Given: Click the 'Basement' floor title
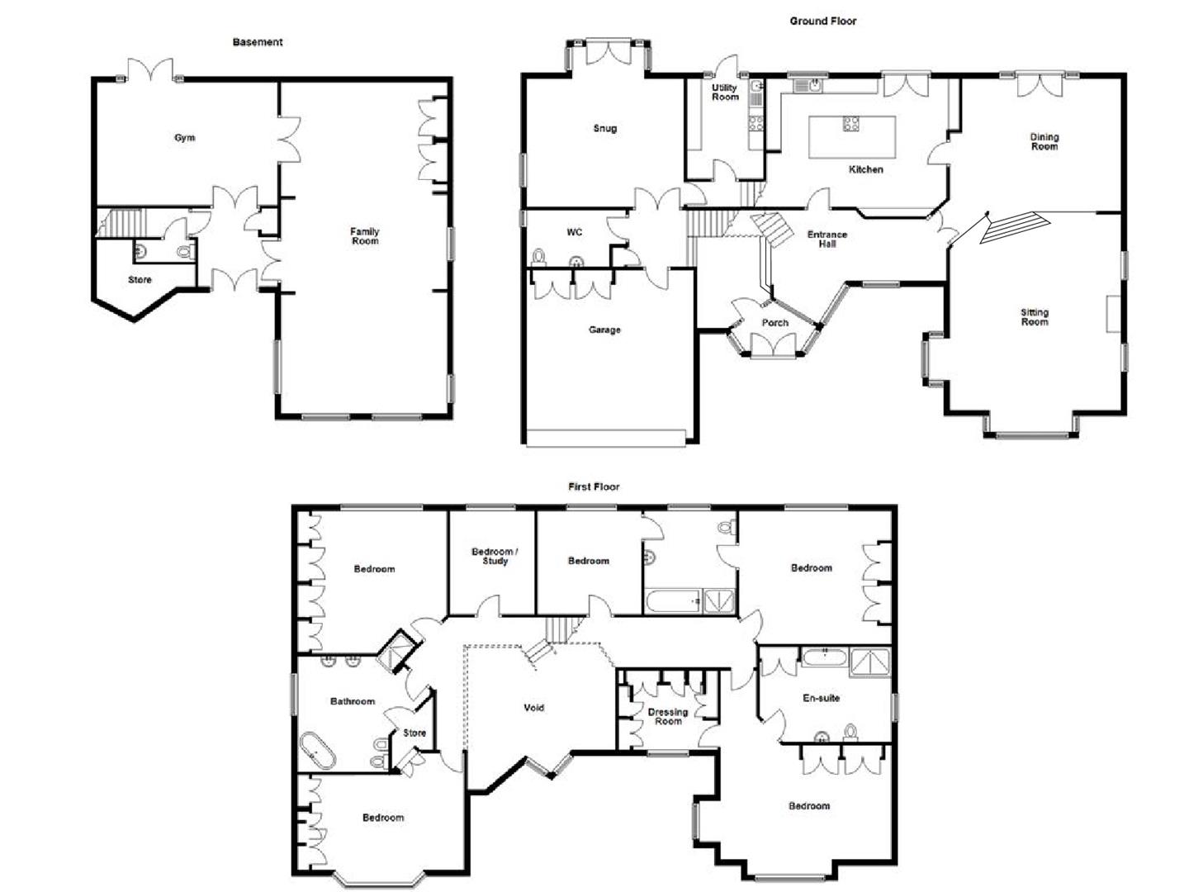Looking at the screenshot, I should coord(257,42).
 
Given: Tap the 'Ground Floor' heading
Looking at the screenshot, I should coord(822,21).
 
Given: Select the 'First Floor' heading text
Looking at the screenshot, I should coord(593,486).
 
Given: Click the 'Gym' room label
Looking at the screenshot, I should coord(184,138).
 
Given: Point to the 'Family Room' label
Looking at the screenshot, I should coord(364,236).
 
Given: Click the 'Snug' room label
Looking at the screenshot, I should coord(604,129).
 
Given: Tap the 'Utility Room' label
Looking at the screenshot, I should coord(725,93).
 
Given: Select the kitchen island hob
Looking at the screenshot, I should coord(850,125).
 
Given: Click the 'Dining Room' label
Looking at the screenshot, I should coord(1044,142).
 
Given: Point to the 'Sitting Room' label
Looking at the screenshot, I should coord(1034,317).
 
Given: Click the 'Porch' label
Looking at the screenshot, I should coord(774,323).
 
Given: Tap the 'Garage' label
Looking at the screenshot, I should coord(604,330).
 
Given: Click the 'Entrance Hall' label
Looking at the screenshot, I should coord(827,240).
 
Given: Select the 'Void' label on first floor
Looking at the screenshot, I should coord(533,708).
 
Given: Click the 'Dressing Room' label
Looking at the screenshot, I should coord(667,717).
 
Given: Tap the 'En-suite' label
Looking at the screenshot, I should coord(821,698).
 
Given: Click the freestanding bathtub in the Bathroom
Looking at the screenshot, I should coord(317,750).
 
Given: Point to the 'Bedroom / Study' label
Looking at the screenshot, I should coord(495,557).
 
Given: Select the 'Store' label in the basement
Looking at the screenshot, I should coord(140,280).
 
